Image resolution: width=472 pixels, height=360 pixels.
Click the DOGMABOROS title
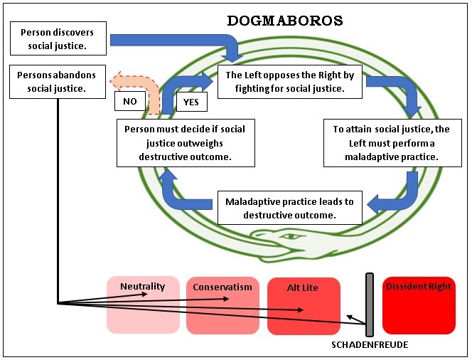tap(285, 21)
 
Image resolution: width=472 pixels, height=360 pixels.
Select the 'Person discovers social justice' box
tap(58, 38)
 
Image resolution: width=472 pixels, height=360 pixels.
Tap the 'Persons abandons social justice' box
tap(58, 82)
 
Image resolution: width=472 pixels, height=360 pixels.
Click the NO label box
tap(130, 101)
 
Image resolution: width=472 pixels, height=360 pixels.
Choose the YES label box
tap(192, 102)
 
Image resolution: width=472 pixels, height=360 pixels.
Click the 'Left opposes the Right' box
tap(290, 82)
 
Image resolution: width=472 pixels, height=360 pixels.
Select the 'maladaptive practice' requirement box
tap(392, 143)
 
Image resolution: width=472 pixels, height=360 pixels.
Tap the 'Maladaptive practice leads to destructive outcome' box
tap(290, 208)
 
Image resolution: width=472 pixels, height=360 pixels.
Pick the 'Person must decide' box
tap(186, 143)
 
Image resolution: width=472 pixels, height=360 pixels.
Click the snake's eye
tap(291, 236)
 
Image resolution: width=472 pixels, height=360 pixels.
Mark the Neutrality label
tap(143, 286)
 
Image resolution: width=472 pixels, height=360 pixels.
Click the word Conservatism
tap(222, 287)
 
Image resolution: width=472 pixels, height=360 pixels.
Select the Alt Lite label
tap(303, 287)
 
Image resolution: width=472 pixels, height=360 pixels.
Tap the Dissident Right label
tap(419, 286)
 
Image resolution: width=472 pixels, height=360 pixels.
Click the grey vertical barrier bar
tap(370, 305)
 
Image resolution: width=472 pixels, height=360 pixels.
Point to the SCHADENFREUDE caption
tap(370, 344)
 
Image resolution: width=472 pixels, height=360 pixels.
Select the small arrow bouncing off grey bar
tap(356, 319)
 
